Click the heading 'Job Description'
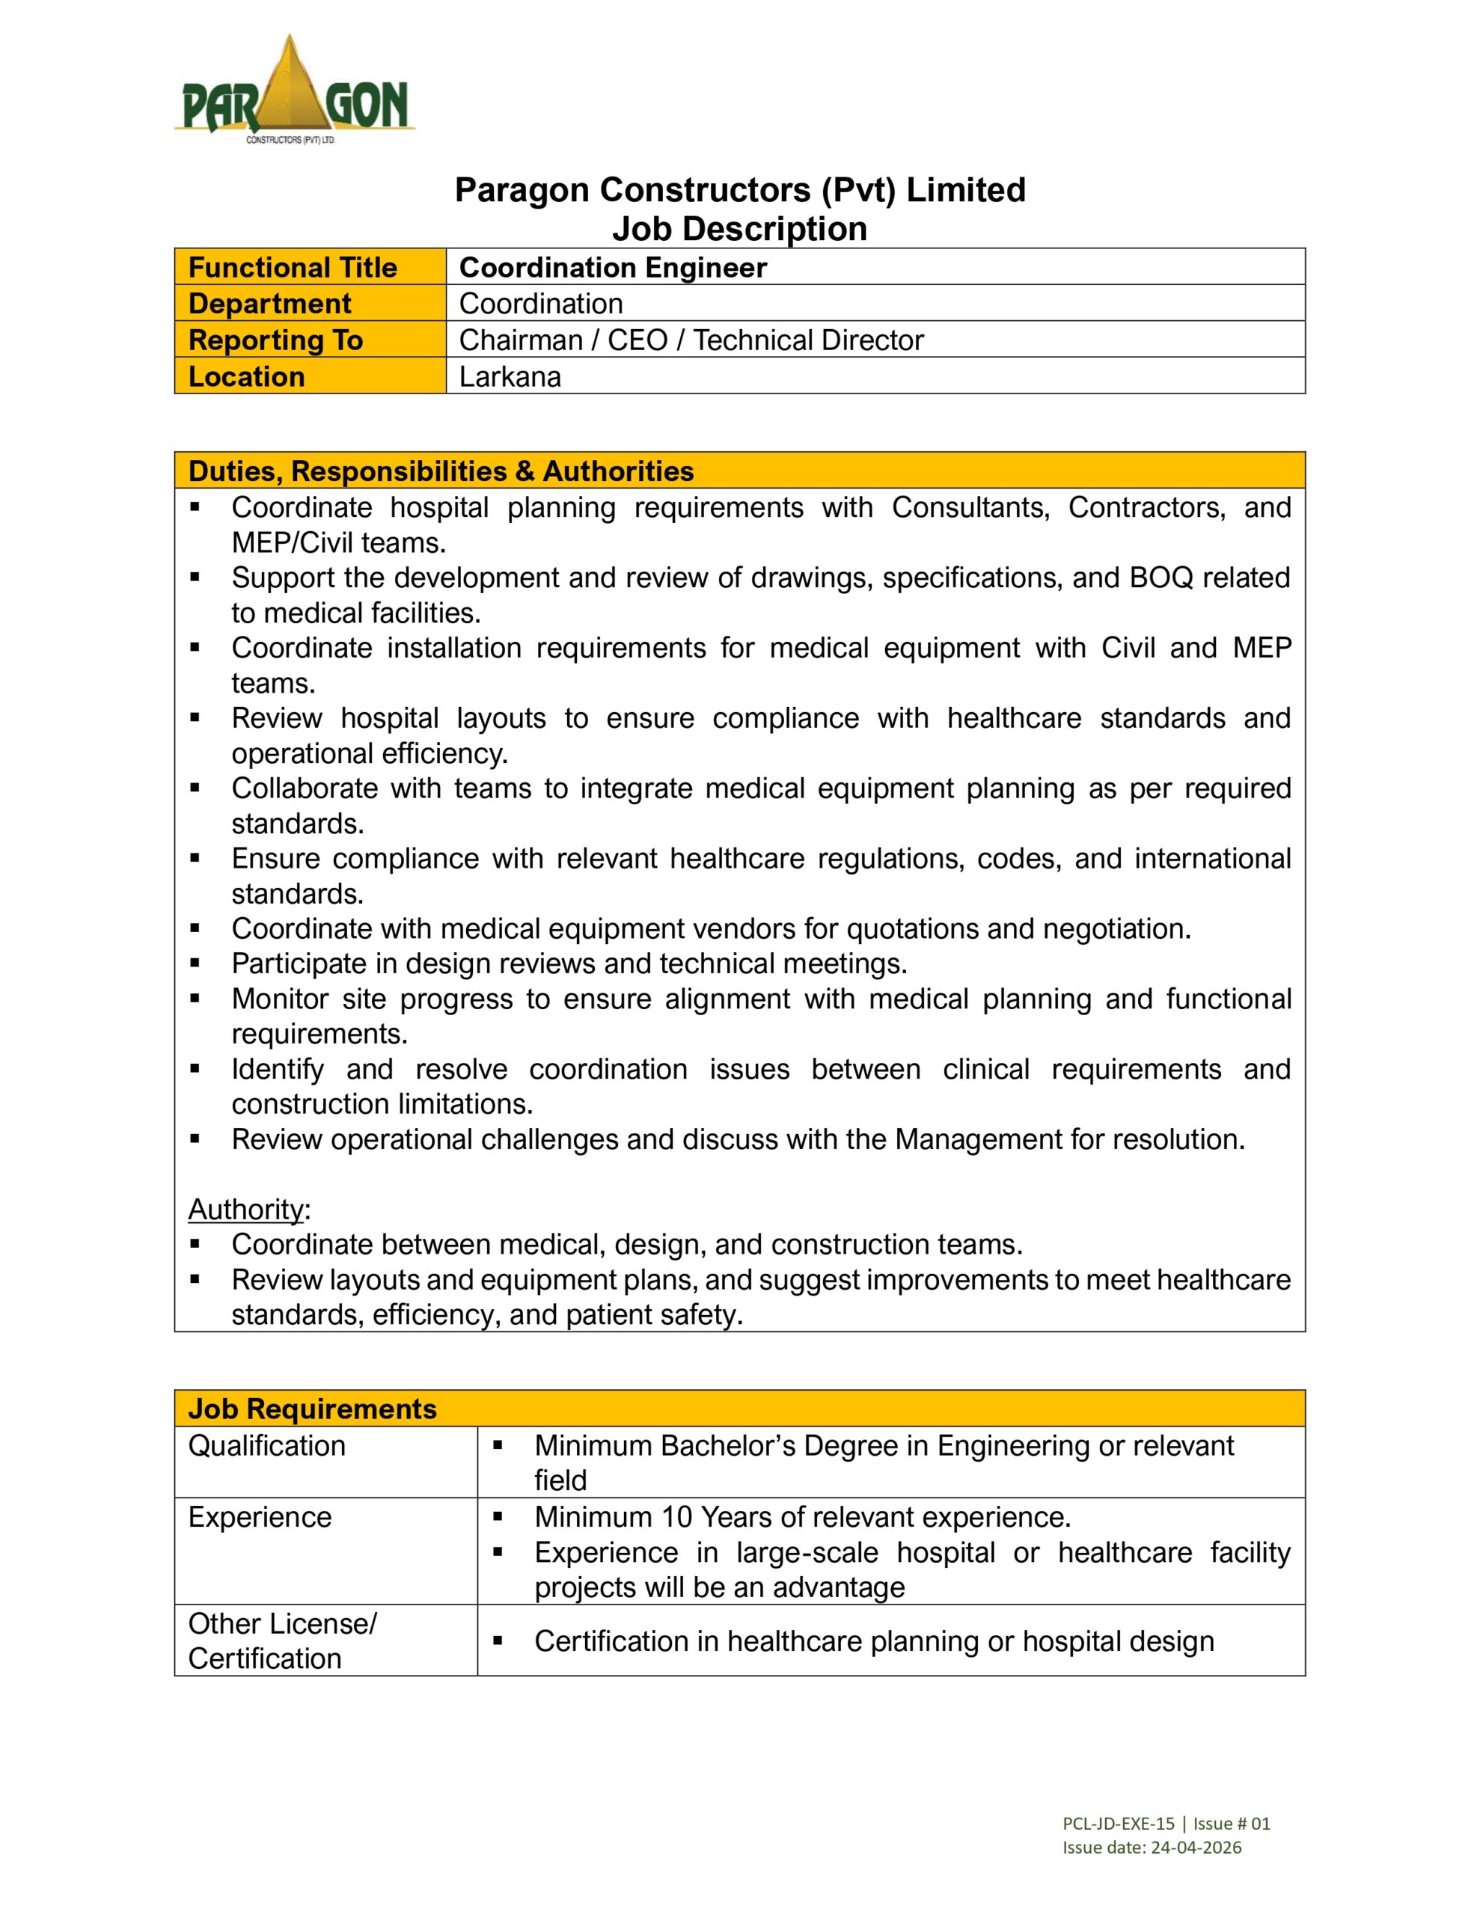pyautogui.click(x=739, y=229)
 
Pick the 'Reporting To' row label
pyautogui.click(x=275, y=340)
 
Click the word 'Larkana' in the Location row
pyautogui.click(x=510, y=377)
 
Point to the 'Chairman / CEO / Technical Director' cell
pyautogui.click(x=691, y=340)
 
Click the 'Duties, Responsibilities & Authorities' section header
pyautogui.click(x=441, y=471)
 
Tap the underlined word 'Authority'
pyautogui.click(x=245, y=1209)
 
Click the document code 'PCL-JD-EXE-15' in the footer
pyautogui.click(x=1118, y=1824)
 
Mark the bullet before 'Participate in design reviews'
pyautogui.click(x=195, y=963)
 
